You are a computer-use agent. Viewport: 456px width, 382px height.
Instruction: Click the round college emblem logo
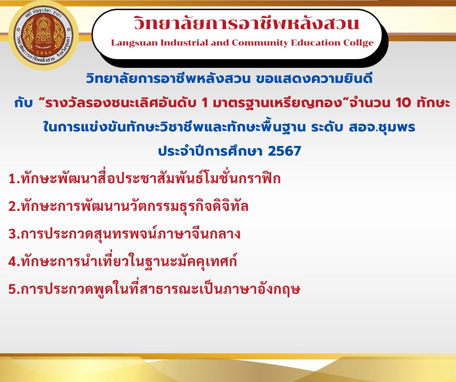pyautogui.click(x=43, y=35)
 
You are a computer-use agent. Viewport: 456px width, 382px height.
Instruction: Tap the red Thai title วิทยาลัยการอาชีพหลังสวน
pyautogui.click(x=246, y=23)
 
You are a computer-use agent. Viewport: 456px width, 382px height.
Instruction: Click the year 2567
pyautogui.click(x=284, y=151)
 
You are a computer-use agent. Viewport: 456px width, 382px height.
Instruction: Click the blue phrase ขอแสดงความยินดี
pyautogui.click(x=314, y=79)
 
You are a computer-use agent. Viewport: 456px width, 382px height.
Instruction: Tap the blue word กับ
pyautogui.click(x=23, y=103)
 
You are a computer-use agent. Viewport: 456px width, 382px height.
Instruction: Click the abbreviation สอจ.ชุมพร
pyautogui.click(x=382, y=127)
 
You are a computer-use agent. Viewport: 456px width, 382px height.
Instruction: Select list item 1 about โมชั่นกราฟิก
pyautogui.click(x=145, y=178)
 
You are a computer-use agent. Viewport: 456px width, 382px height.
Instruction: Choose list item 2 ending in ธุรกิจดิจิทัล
pyautogui.click(x=128, y=206)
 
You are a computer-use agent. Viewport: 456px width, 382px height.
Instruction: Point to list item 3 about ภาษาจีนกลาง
pyautogui.click(x=125, y=234)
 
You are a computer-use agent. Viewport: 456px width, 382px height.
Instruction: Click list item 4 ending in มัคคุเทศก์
pyautogui.click(x=123, y=261)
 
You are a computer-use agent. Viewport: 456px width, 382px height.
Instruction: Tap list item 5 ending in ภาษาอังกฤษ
pyautogui.click(x=154, y=288)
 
